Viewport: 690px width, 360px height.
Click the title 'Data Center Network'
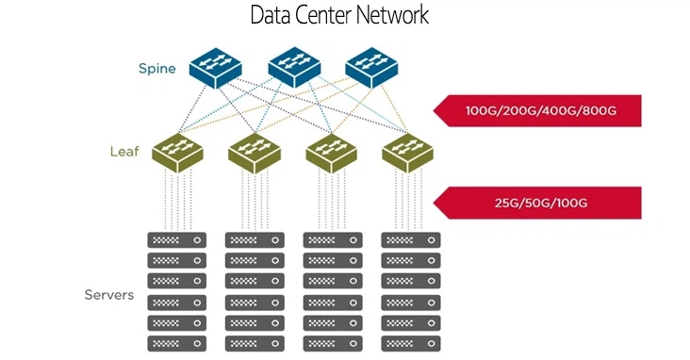tap(340, 16)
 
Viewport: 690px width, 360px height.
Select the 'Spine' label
tap(156, 68)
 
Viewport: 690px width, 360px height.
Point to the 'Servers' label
tap(109, 296)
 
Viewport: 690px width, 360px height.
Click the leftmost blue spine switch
tap(215, 67)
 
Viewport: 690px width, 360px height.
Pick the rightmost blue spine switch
tap(371, 67)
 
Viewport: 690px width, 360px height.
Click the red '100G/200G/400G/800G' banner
tap(537, 111)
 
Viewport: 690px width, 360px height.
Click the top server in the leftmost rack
tap(176, 240)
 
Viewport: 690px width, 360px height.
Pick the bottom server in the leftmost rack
tap(176, 343)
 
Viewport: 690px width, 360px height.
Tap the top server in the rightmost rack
tap(410, 240)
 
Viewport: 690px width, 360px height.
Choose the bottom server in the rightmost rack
tap(410, 343)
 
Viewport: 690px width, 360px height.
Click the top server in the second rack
tap(255, 240)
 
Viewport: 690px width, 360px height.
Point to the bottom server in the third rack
tap(332, 343)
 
